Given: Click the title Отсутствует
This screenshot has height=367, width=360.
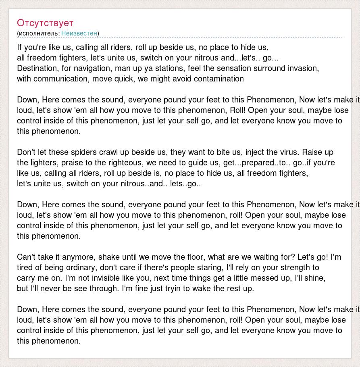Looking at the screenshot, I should click(45, 23).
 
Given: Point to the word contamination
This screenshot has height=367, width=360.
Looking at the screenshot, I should click(218, 79).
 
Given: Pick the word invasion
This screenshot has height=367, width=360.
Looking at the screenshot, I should click(303, 68).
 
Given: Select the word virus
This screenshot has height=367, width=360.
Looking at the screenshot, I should click(287, 152).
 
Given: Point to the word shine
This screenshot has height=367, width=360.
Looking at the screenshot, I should click(316, 278).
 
